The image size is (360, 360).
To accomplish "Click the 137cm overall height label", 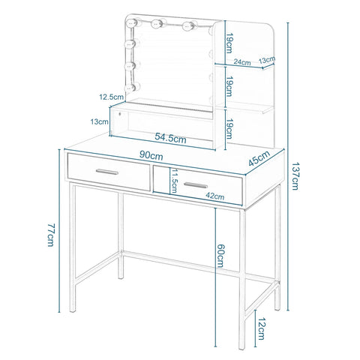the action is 295,176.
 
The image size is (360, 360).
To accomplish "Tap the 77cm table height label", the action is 51,235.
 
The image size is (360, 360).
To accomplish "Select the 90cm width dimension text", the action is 151,156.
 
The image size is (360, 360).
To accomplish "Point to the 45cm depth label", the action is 259,158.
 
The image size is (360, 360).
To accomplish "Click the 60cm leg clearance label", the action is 220,256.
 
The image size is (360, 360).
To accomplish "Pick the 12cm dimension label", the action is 261,328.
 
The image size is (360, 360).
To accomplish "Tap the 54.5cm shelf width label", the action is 170,138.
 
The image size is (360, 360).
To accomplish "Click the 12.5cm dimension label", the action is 111,97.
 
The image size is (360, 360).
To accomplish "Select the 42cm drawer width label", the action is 215,196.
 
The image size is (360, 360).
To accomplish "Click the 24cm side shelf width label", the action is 242,61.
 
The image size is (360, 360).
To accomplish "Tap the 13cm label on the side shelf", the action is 267,60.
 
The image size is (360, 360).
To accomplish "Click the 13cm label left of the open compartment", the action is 100,121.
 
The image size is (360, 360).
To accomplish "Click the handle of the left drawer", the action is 107,172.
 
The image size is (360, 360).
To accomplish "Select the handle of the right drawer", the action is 196,185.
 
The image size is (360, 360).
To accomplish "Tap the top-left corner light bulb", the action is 131,22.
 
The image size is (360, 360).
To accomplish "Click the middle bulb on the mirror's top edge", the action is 157,24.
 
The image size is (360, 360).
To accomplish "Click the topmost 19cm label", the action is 229,44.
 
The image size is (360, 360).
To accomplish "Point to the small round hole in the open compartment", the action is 120,114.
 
